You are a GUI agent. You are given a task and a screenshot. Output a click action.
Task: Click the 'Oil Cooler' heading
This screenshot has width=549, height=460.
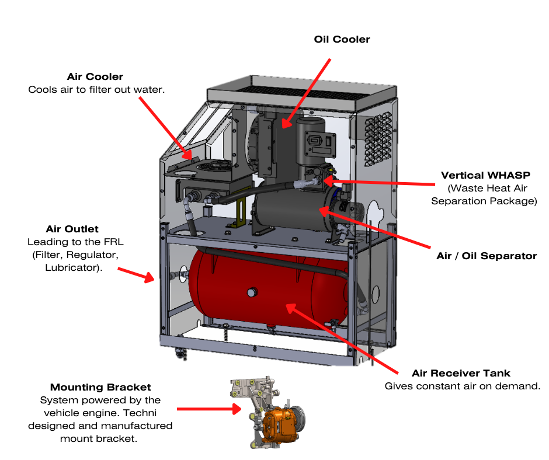[x=342, y=40]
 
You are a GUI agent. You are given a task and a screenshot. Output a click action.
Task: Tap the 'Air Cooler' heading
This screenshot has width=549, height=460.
[x=95, y=77]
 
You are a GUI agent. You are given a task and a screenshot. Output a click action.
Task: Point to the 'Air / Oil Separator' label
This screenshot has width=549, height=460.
[x=487, y=256]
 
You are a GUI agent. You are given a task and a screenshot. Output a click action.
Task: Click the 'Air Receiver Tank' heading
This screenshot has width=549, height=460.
[x=461, y=373]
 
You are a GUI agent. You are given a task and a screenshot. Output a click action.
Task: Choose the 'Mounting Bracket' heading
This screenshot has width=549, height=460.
[x=100, y=387]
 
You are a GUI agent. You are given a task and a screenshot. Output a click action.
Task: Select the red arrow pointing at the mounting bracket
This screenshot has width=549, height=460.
[x=209, y=410]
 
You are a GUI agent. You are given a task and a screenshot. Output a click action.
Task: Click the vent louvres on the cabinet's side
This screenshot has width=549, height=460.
[x=378, y=137]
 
